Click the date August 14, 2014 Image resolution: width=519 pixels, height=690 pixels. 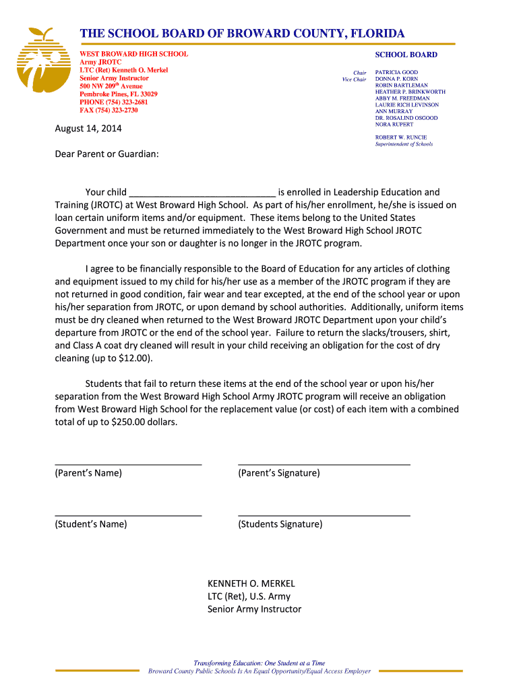pyautogui.click(x=88, y=129)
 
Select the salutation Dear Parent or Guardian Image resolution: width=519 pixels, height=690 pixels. pyautogui.click(x=106, y=154)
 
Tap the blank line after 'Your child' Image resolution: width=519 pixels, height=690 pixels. pyautogui.click(x=202, y=193)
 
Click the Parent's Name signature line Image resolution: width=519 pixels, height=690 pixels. pyautogui.click(x=128, y=464)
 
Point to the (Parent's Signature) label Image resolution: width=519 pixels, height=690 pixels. pyautogui.click(x=278, y=473)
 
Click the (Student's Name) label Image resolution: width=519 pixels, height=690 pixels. pyautogui.click(x=90, y=524)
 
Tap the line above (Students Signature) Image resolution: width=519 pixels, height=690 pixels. pyautogui.click(x=324, y=515)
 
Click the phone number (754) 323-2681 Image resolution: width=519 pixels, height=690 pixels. pyautogui.click(x=123, y=102)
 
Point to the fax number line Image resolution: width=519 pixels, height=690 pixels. pyautogui.click(x=109, y=111)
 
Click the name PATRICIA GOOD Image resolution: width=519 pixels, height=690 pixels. pyautogui.click(x=396, y=72)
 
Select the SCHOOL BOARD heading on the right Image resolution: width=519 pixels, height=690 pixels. pyautogui.click(x=406, y=55)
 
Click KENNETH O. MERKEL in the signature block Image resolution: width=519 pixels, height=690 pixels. pyautogui.click(x=251, y=584)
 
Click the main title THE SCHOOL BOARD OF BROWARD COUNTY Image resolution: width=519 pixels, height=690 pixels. pyautogui.click(x=242, y=34)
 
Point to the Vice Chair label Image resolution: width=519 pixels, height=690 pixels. pyautogui.click(x=354, y=80)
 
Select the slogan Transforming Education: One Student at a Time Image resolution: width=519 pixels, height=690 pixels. pyautogui.click(x=259, y=663)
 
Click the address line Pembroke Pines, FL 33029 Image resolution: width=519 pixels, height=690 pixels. pyautogui.click(x=118, y=94)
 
